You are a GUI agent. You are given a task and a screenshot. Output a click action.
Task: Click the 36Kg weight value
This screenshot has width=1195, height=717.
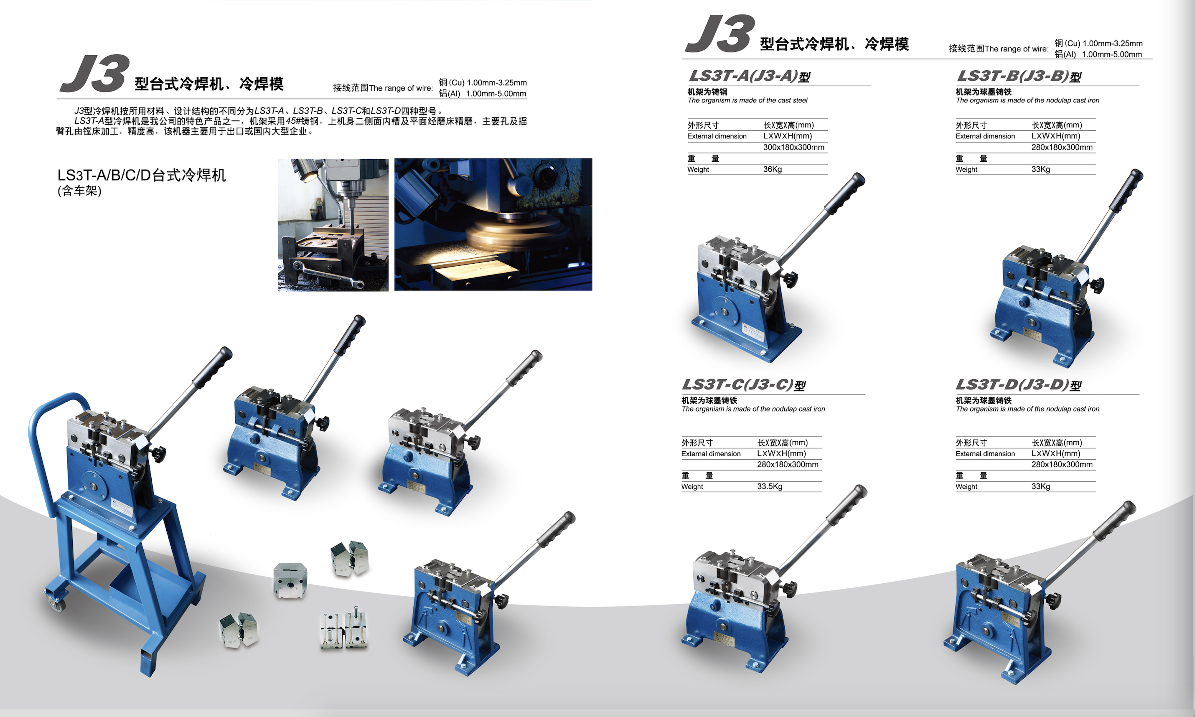[x=772, y=169]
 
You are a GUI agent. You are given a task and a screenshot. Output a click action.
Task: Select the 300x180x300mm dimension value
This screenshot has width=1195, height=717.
[x=793, y=147]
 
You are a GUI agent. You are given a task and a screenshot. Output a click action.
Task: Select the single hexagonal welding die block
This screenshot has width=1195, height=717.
[x=290, y=580]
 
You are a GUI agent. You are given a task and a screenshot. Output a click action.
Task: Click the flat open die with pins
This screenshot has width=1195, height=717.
[x=343, y=631]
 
